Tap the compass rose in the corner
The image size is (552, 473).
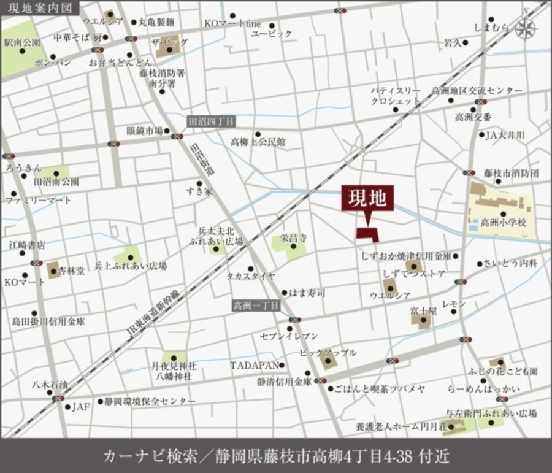pos(526,28)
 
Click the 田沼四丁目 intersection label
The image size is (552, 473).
pos(210,122)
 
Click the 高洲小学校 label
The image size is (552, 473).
pos(504,222)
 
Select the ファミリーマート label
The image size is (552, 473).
pos(39,200)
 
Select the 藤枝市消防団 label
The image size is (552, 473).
pos(510,174)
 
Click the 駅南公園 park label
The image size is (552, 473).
pos(22,42)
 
